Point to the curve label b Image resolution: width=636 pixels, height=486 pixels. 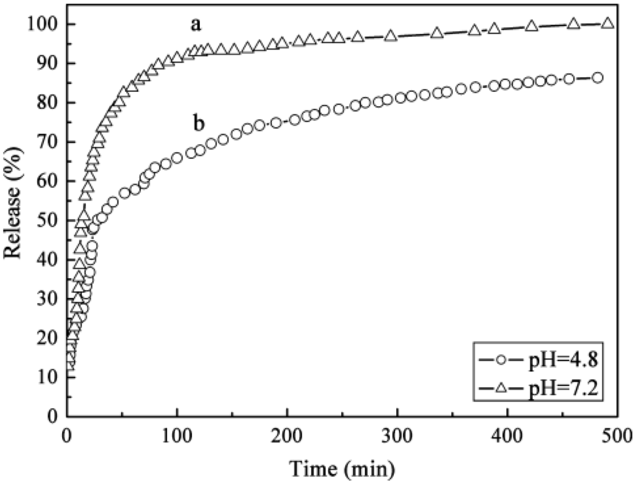click(199, 124)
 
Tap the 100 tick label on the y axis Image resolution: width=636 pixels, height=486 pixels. click(44, 24)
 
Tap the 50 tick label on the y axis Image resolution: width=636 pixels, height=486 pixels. click(48, 220)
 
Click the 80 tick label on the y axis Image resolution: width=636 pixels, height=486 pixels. click(48, 103)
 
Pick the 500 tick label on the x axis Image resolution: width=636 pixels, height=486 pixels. click(617, 433)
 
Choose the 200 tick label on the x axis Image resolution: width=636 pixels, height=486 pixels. click(288, 433)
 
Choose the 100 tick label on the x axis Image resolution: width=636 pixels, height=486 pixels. click(178, 433)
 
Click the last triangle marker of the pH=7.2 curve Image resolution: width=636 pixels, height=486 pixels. click(608, 23)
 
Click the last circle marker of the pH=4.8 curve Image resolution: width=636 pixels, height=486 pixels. click(597, 78)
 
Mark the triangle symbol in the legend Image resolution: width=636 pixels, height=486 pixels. click(496, 389)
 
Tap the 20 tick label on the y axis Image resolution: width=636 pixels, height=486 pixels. click(48, 338)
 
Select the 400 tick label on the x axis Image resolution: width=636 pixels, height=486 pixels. click(507, 433)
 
